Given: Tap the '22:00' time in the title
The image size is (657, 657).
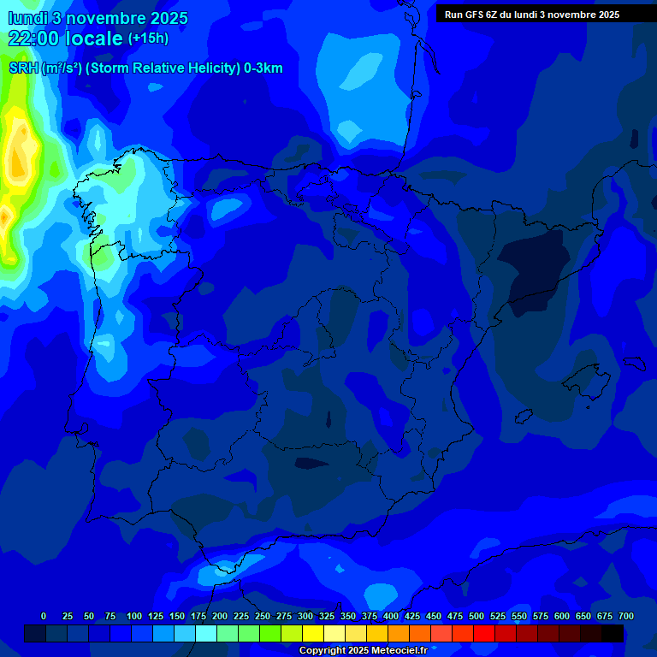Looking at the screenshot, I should point(35,38).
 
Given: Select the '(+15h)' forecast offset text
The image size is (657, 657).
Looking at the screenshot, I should point(148,38).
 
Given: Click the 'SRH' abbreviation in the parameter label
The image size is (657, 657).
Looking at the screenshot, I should point(23,68).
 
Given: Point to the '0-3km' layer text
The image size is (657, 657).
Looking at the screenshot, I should point(263,68).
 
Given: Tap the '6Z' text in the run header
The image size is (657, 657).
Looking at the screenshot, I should point(493,15).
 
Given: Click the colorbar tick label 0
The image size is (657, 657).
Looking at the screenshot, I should point(44,616).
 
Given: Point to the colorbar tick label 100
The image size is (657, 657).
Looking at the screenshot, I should point(134,616).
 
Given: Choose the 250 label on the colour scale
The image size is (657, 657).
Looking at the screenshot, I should point(263,616).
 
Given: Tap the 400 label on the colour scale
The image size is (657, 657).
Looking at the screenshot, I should point(391,616).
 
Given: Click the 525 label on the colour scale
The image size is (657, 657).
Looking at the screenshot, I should point(498,616).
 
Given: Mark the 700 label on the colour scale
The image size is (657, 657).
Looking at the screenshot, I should point(626,616).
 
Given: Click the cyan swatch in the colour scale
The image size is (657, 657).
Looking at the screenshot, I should point(205,633).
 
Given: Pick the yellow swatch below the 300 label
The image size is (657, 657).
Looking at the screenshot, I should point(312,633).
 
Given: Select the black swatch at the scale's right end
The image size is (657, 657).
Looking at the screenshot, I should point(612,633).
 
